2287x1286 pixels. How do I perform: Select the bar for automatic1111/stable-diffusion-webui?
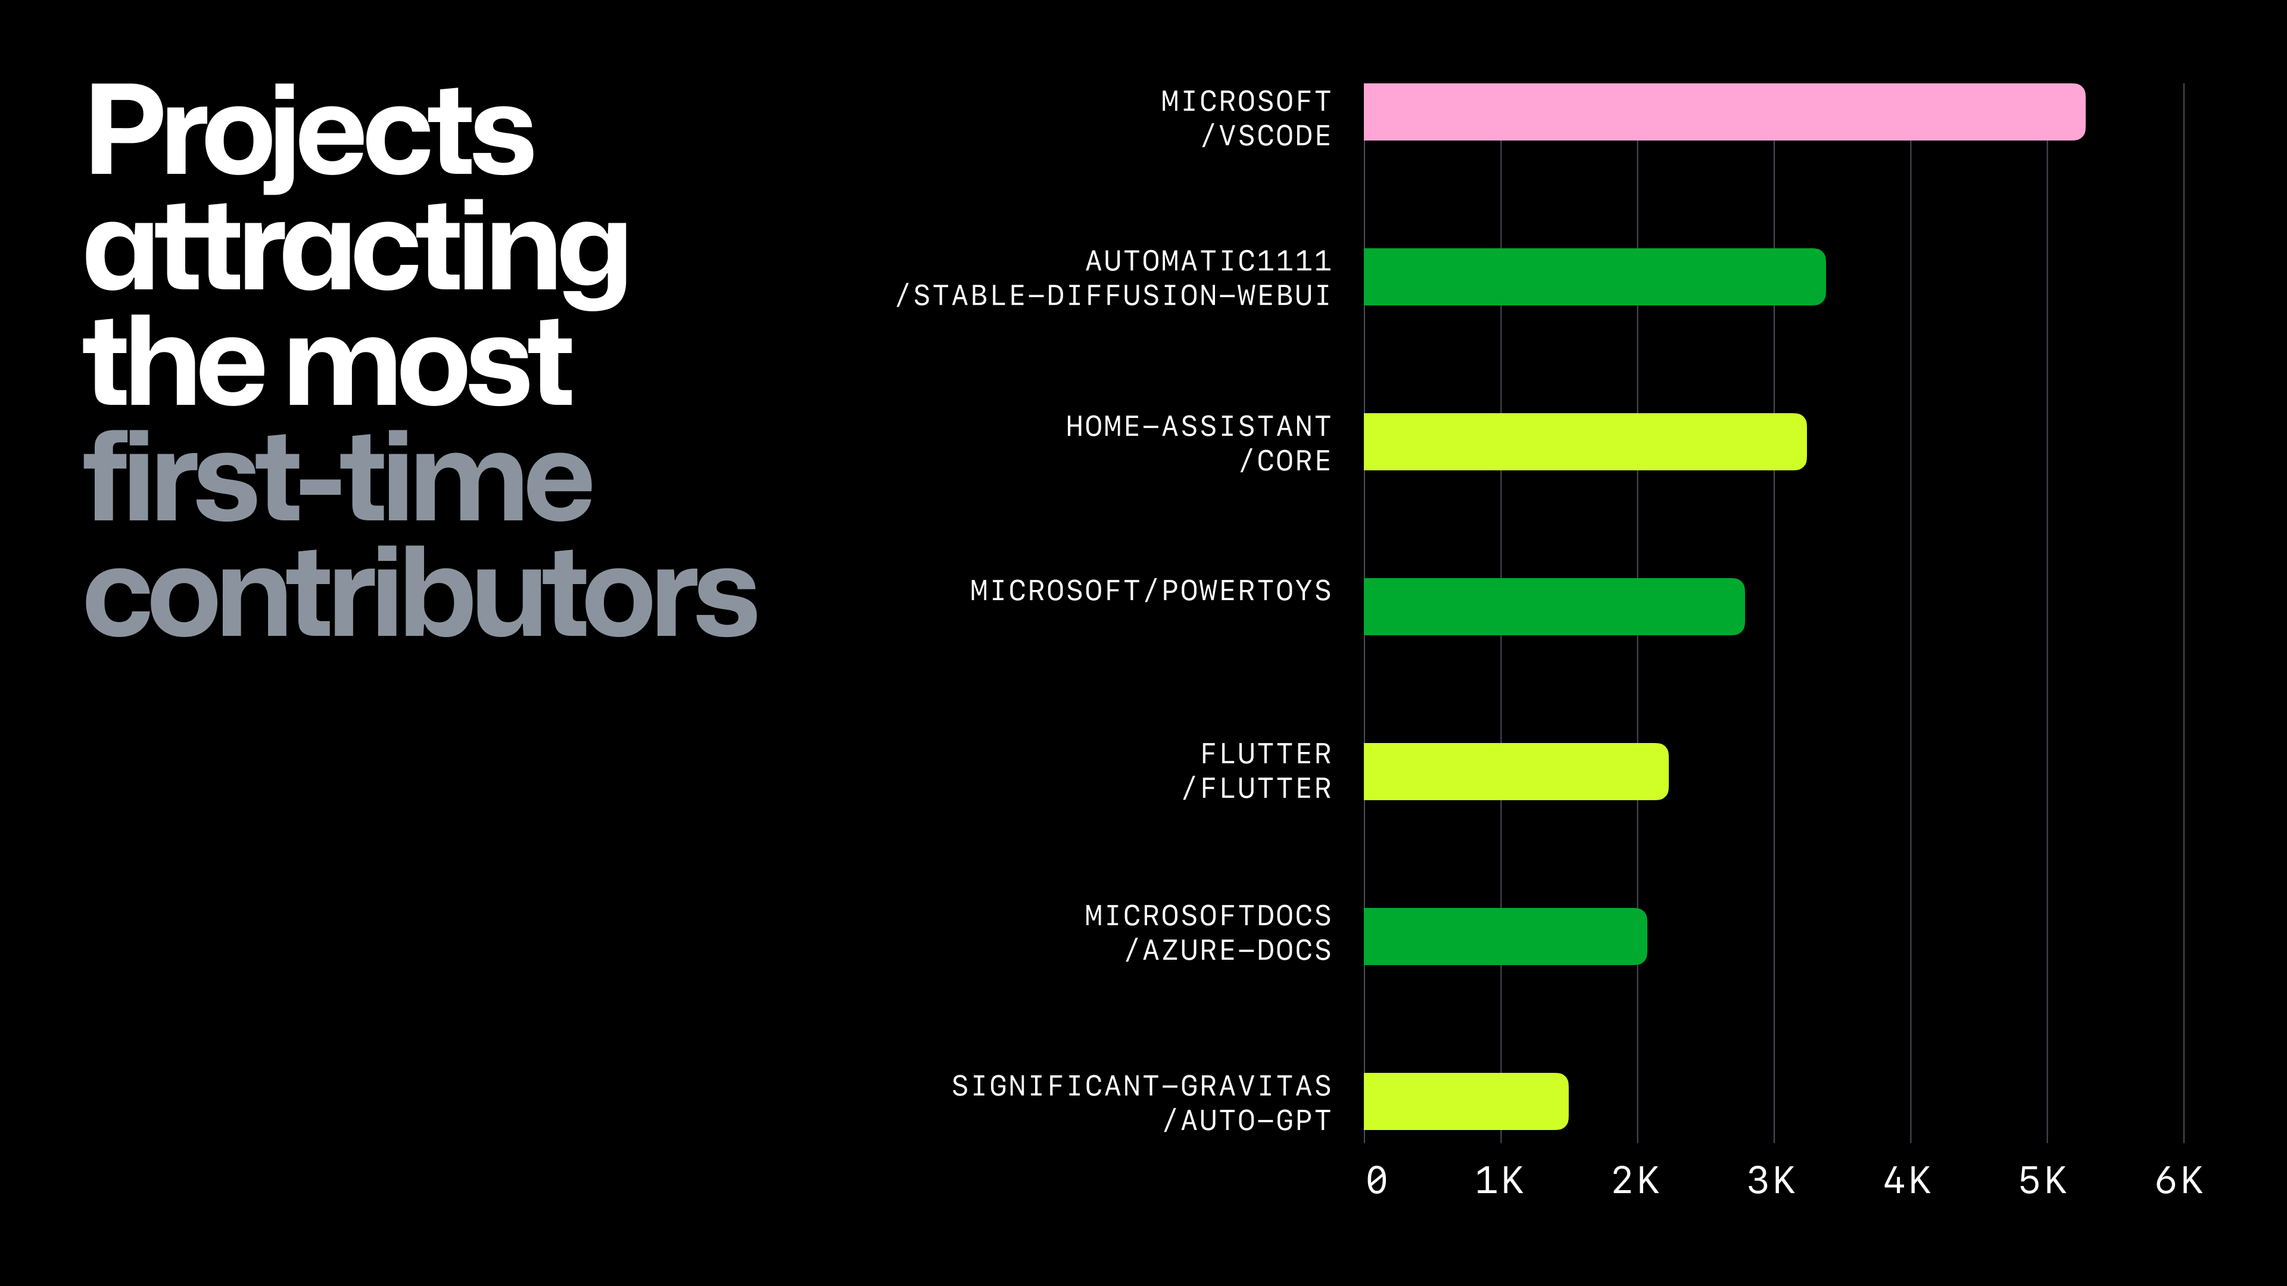point(1594,277)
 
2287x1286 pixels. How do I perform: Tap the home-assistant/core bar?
point(1585,442)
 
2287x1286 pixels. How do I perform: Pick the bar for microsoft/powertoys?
point(1554,607)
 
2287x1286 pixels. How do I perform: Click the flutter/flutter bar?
point(1516,771)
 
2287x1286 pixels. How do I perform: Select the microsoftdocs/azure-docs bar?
point(1505,937)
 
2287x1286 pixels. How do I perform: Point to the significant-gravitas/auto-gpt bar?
point(1466,1101)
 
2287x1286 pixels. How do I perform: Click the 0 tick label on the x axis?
point(1376,1181)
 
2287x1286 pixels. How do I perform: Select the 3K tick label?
point(1771,1181)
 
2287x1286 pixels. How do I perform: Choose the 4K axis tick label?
point(1907,1181)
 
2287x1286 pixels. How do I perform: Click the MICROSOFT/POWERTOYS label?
point(1151,591)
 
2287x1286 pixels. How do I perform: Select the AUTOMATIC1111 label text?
point(1208,261)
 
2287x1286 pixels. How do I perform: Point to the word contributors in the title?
point(420,595)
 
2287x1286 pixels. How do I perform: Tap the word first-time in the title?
point(337,479)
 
